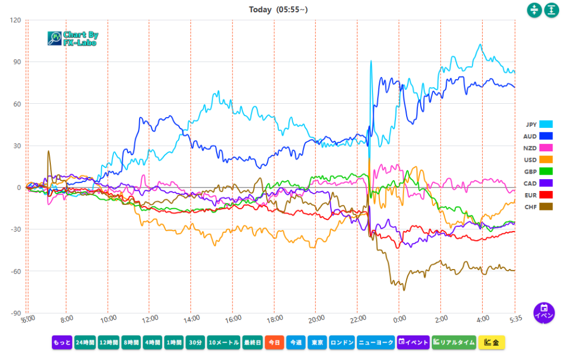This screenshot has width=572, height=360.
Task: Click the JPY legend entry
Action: [x=539, y=124]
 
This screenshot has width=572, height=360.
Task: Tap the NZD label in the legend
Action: [x=530, y=148]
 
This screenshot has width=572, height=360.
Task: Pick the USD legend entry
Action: [x=539, y=160]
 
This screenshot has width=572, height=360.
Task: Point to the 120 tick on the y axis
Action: [x=15, y=21]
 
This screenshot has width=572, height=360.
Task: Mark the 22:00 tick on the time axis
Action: [x=357, y=318]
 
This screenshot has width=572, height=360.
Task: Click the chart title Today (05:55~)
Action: [x=278, y=9]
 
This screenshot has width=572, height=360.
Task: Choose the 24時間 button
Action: [x=84, y=342]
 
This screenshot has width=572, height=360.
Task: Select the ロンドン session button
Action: [x=342, y=342]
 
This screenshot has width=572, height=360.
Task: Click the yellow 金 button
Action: [x=492, y=342]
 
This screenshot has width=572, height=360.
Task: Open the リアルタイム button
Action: [x=454, y=342]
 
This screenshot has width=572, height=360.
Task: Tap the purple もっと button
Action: [x=62, y=342]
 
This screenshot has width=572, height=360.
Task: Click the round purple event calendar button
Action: [x=544, y=312]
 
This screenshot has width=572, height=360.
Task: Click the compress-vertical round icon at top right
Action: [x=535, y=10]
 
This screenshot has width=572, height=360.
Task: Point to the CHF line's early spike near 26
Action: [x=49, y=151]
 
